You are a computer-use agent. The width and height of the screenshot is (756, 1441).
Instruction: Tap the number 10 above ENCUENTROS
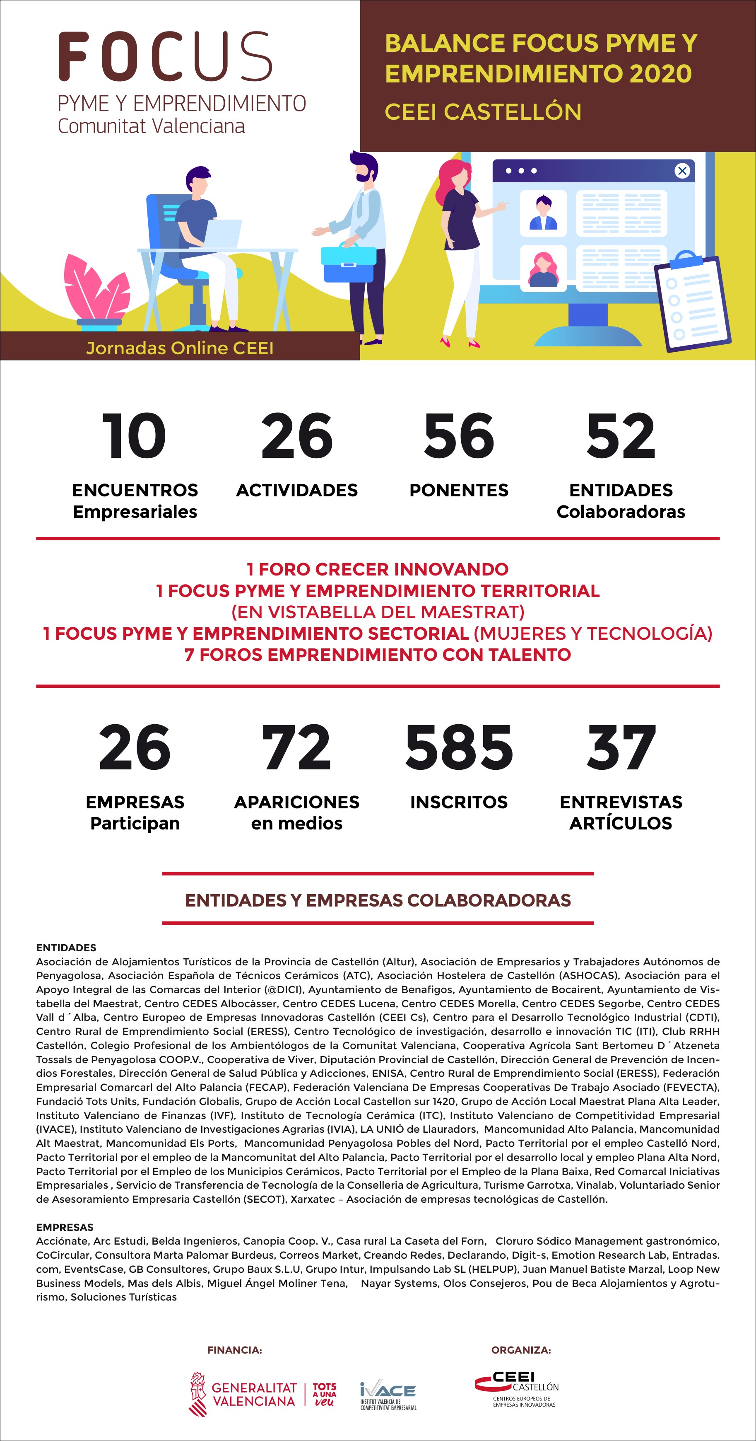tap(134, 436)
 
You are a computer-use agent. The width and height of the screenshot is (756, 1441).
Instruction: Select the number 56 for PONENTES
tap(458, 436)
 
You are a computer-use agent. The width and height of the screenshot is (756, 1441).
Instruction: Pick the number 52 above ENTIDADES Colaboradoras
tap(621, 436)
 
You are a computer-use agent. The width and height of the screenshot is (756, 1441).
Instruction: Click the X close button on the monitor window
tap(681, 171)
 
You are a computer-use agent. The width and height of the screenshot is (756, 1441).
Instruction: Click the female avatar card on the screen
tap(543, 269)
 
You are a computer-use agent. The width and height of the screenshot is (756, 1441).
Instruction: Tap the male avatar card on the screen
tap(543, 213)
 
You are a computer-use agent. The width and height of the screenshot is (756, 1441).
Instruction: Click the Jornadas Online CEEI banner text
tap(180, 348)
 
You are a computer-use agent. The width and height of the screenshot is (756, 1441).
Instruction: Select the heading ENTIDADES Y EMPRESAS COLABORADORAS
tap(378, 900)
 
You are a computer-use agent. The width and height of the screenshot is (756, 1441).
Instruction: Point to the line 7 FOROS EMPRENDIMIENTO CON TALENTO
tap(378, 655)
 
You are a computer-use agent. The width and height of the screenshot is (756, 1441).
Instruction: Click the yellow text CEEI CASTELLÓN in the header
tap(483, 112)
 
